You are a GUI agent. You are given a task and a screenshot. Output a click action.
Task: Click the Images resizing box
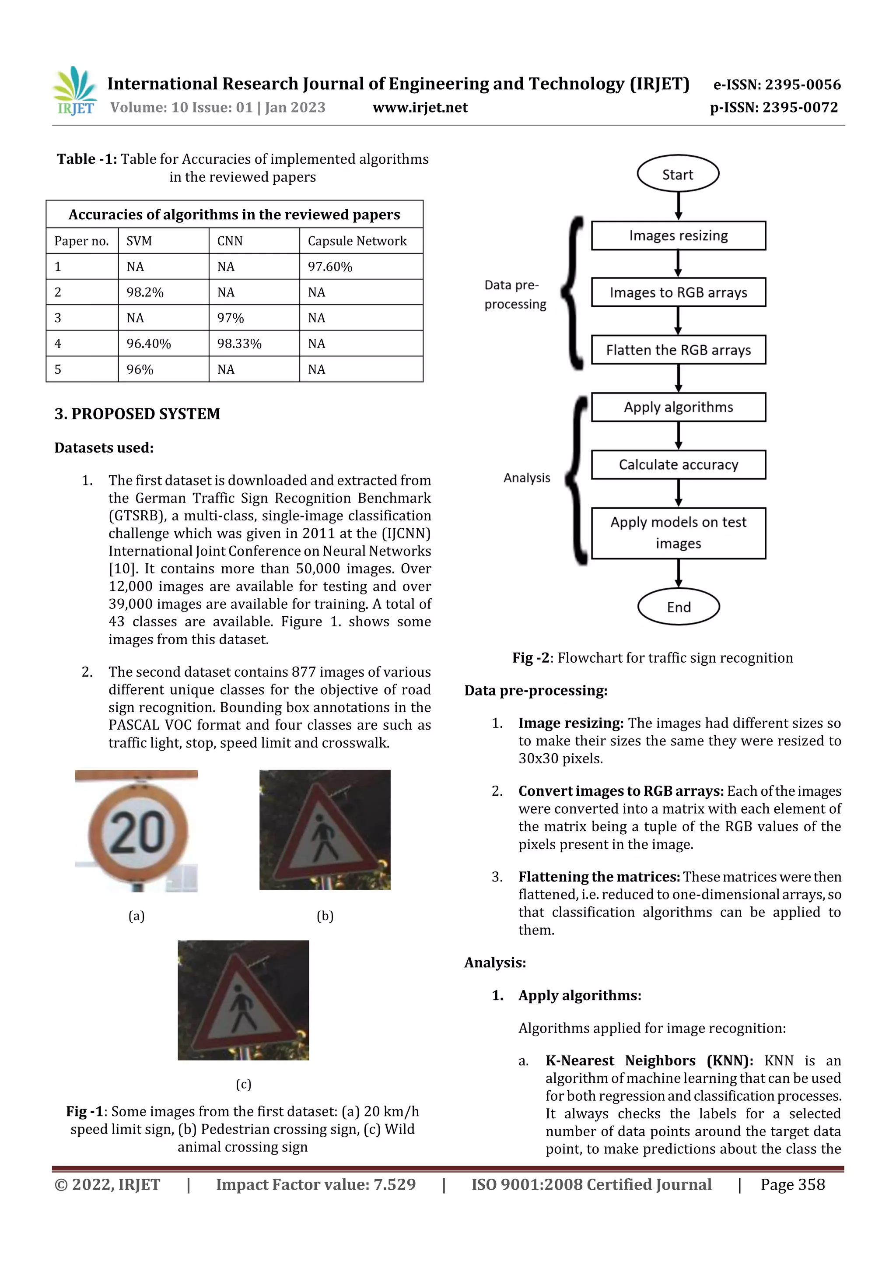pyautogui.click(x=678, y=236)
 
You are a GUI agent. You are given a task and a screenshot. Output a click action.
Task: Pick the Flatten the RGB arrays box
pyautogui.click(x=678, y=350)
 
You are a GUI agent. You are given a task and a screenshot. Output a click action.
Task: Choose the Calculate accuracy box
pyautogui.click(x=678, y=464)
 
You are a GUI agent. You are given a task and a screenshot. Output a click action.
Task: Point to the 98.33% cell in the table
pyautogui.click(x=239, y=344)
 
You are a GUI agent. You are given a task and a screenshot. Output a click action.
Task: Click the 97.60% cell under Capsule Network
pyautogui.click(x=329, y=267)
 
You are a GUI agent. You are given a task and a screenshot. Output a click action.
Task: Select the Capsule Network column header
pyautogui.click(x=357, y=241)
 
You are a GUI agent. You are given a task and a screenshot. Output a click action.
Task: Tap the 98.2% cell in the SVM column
pyautogui.click(x=145, y=292)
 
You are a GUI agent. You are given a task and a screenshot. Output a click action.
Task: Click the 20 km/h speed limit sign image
pyautogui.click(x=136, y=831)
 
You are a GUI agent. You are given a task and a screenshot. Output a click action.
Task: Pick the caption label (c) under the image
pyautogui.click(x=243, y=1084)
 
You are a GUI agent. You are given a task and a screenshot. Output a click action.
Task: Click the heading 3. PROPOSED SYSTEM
pyautogui.click(x=137, y=414)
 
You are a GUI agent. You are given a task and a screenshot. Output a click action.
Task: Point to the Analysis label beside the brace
pyautogui.click(x=526, y=478)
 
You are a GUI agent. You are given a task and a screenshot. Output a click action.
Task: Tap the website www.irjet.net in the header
pyautogui.click(x=420, y=108)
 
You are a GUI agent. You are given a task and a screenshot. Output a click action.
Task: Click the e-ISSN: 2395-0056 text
pyautogui.click(x=776, y=84)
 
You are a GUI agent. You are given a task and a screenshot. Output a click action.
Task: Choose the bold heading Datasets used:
pyautogui.click(x=104, y=447)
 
